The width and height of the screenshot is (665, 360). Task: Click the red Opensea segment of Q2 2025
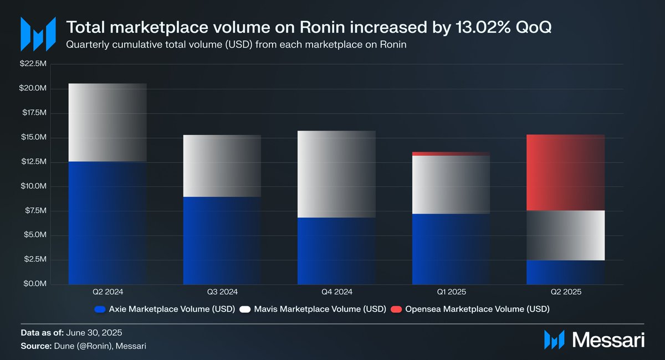(x=566, y=173)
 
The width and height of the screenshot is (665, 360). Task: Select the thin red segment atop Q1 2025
(x=451, y=153)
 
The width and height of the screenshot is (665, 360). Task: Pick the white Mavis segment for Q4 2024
(x=336, y=174)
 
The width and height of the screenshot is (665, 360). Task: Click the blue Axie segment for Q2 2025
(x=566, y=272)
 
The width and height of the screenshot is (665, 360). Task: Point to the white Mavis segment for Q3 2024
(x=222, y=166)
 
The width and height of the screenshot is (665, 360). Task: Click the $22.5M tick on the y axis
(x=34, y=64)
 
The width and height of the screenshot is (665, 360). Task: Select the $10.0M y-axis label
(x=34, y=187)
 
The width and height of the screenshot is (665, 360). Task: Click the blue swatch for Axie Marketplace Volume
(x=100, y=308)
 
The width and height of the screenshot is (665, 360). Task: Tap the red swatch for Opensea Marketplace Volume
(x=396, y=308)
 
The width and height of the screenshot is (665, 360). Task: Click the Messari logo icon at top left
(x=38, y=34)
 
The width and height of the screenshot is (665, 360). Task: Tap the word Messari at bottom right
(x=609, y=339)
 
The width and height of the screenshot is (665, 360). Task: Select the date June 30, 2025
(x=94, y=333)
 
